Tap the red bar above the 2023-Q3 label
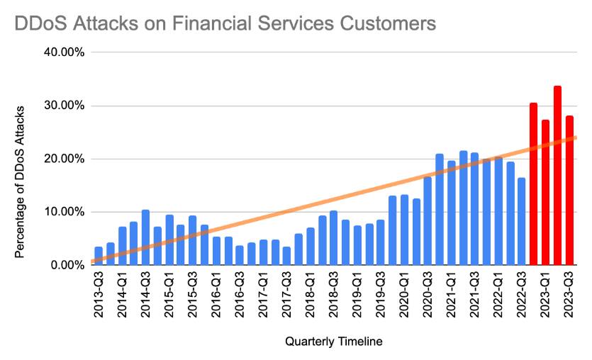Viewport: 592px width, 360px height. tap(569, 191)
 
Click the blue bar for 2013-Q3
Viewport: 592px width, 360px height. tap(99, 256)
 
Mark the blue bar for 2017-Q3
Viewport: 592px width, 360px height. tap(286, 256)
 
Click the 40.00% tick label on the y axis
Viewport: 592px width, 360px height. tap(65, 52)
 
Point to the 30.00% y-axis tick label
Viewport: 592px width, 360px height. tap(65, 106)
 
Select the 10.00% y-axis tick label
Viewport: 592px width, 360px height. tap(65, 212)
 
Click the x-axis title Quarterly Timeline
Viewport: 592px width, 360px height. tap(334, 342)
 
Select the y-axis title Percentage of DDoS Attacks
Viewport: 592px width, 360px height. tap(21, 182)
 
